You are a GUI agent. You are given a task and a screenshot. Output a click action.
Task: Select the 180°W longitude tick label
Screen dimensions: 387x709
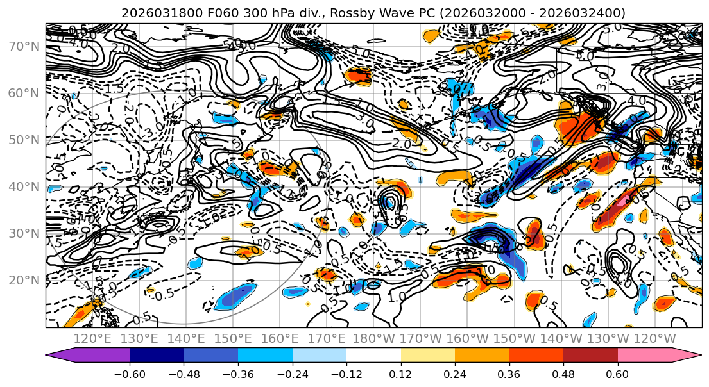(373, 338)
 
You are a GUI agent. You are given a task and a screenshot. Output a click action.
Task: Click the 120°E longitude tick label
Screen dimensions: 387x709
(92, 338)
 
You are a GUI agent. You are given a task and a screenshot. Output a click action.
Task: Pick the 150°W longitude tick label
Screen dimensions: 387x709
(514, 338)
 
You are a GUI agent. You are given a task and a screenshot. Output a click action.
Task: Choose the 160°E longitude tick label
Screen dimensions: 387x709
(279, 338)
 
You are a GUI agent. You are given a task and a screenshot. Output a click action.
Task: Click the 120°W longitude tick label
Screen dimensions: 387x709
(654, 338)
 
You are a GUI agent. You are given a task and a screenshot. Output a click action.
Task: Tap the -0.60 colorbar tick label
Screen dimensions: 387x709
(129, 374)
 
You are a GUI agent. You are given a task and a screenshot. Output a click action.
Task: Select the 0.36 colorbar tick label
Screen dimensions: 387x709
(509, 374)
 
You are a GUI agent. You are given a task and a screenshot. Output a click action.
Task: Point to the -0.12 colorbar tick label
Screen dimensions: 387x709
(346, 374)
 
